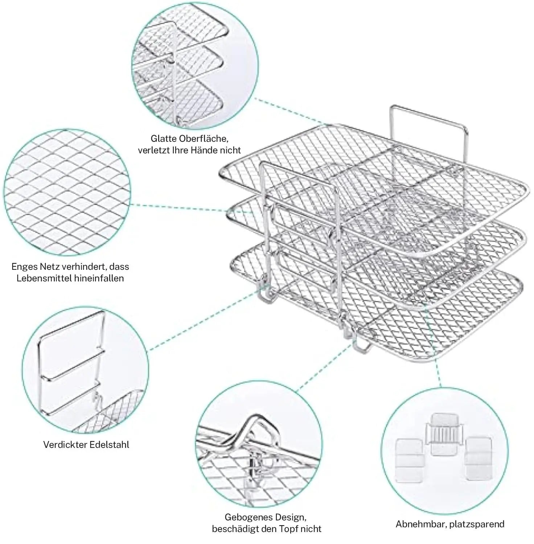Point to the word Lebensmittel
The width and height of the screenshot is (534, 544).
(45, 279)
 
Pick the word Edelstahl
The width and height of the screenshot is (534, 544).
(111, 445)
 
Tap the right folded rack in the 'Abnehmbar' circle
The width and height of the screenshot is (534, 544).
(479, 457)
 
